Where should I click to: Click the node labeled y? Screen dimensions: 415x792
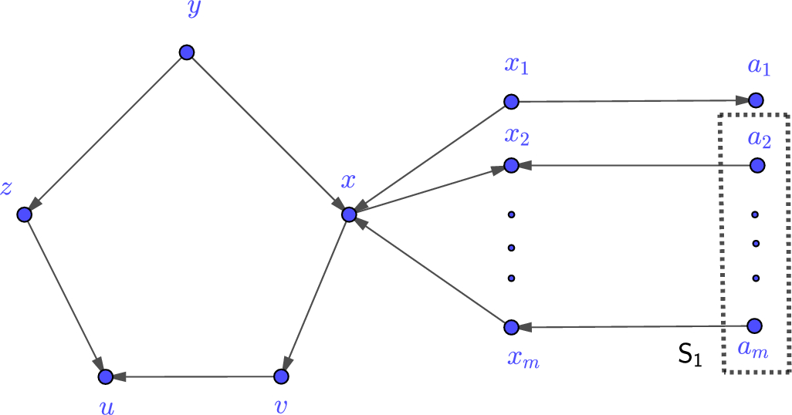click(x=186, y=52)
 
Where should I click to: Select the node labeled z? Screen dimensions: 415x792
click(x=24, y=214)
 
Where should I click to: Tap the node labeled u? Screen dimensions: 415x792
click(x=106, y=376)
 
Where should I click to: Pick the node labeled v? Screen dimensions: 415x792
click(x=281, y=376)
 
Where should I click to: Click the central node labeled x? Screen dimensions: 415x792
click(x=348, y=214)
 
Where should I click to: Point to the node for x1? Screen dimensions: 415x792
click(x=510, y=101)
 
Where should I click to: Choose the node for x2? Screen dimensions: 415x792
click(x=510, y=165)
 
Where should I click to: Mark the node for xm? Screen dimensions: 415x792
click(x=510, y=327)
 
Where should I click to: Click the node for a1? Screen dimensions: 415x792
click(x=756, y=100)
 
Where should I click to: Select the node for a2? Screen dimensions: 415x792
click(x=756, y=165)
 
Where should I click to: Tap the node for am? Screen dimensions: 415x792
click(x=755, y=326)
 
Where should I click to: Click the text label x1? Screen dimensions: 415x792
click(x=516, y=66)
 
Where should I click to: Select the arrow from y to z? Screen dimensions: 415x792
click(x=105, y=133)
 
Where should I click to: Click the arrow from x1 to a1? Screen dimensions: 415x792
click(x=633, y=101)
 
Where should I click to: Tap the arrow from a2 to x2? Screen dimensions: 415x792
click(x=633, y=165)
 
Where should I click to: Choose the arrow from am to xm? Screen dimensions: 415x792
click(x=633, y=327)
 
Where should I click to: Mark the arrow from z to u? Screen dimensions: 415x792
click(x=65, y=295)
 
